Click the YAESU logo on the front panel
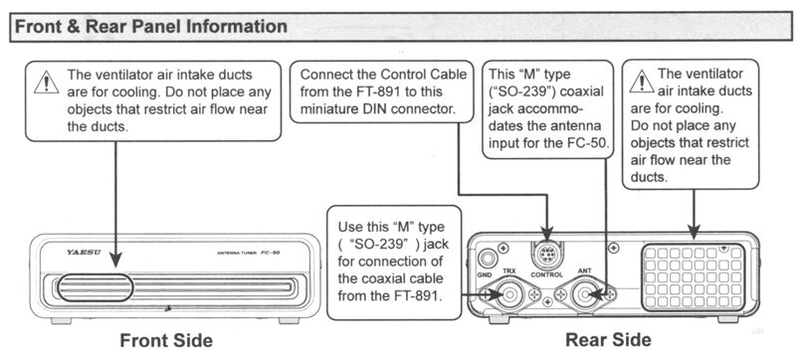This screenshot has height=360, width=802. (84, 253)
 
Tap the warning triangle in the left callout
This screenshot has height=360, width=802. (47, 83)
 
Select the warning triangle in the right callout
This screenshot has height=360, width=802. (642, 82)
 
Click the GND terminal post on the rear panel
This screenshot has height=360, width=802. (486, 257)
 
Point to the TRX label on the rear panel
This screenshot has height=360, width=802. (509, 271)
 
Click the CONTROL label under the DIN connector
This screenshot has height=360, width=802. (546, 275)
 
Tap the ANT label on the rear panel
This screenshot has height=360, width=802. (584, 271)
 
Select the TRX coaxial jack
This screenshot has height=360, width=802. (509, 294)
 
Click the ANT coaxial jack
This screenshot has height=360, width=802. (584, 294)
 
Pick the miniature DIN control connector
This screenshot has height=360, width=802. (546, 255)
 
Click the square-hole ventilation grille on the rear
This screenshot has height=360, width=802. (694, 277)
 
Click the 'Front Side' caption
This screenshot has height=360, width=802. (166, 340)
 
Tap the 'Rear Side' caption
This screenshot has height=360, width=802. (608, 339)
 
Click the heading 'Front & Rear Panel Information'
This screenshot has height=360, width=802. (151, 27)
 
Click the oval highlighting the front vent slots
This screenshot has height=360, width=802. (95, 287)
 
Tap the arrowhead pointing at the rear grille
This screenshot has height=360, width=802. (694, 233)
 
